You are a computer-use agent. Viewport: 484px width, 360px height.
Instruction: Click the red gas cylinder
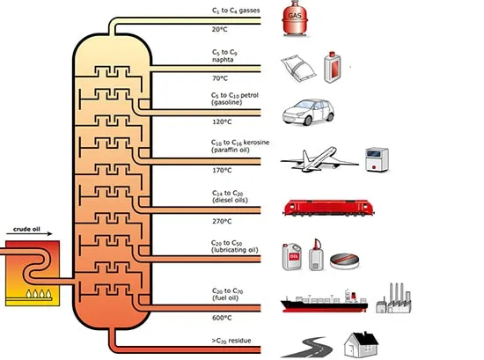click(x=295, y=18)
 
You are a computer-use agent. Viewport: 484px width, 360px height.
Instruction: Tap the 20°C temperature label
click(x=219, y=29)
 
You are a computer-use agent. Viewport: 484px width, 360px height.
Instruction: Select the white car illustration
click(x=308, y=112)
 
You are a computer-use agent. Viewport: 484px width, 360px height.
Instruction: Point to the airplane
click(x=319, y=159)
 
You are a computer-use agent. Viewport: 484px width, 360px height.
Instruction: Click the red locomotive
click(x=328, y=208)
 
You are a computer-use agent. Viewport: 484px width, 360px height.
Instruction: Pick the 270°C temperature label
click(x=222, y=221)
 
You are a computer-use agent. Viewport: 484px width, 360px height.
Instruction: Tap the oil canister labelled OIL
click(x=292, y=257)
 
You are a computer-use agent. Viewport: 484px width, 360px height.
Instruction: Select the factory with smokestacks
click(x=393, y=298)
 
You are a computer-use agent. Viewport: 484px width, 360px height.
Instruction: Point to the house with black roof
click(x=361, y=344)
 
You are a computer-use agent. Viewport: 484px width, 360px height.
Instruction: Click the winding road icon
click(x=307, y=348)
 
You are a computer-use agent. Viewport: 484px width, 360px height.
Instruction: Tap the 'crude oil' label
click(x=26, y=229)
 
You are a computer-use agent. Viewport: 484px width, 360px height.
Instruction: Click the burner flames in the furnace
click(x=39, y=293)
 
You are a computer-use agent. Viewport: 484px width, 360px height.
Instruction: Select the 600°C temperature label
click(x=222, y=318)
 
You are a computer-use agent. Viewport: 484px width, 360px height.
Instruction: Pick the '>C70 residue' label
click(x=231, y=341)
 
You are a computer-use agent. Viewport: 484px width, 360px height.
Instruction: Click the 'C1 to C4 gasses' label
click(x=236, y=11)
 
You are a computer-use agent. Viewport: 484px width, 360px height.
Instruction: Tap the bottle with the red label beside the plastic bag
click(x=332, y=67)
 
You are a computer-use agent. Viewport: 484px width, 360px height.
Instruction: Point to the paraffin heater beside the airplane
click(x=377, y=159)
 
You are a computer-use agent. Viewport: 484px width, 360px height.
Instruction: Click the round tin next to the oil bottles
click(x=344, y=261)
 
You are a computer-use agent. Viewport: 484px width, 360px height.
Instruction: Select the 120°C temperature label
click(x=222, y=121)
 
